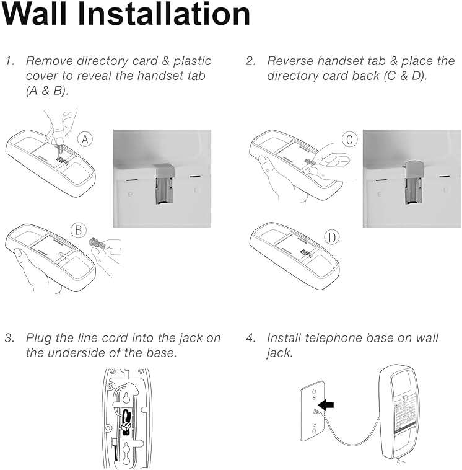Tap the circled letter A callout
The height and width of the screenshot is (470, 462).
coord(85,140)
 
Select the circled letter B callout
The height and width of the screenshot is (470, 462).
coord(79,231)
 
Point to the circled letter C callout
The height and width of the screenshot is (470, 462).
coord(350,140)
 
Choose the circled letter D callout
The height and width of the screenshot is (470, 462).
coord(333,237)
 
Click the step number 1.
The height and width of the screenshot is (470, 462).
coord(9,61)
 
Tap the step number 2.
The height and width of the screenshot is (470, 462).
coord(250,61)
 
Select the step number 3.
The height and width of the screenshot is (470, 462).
coord(9,338)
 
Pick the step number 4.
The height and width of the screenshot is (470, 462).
coord(250,338)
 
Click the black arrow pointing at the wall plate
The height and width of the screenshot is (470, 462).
coord(326,405)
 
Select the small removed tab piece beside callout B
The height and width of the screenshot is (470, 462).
coord(97,241)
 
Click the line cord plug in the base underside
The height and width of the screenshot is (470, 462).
coord(125,423)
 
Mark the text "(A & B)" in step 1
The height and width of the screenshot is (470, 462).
coord(46,91)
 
